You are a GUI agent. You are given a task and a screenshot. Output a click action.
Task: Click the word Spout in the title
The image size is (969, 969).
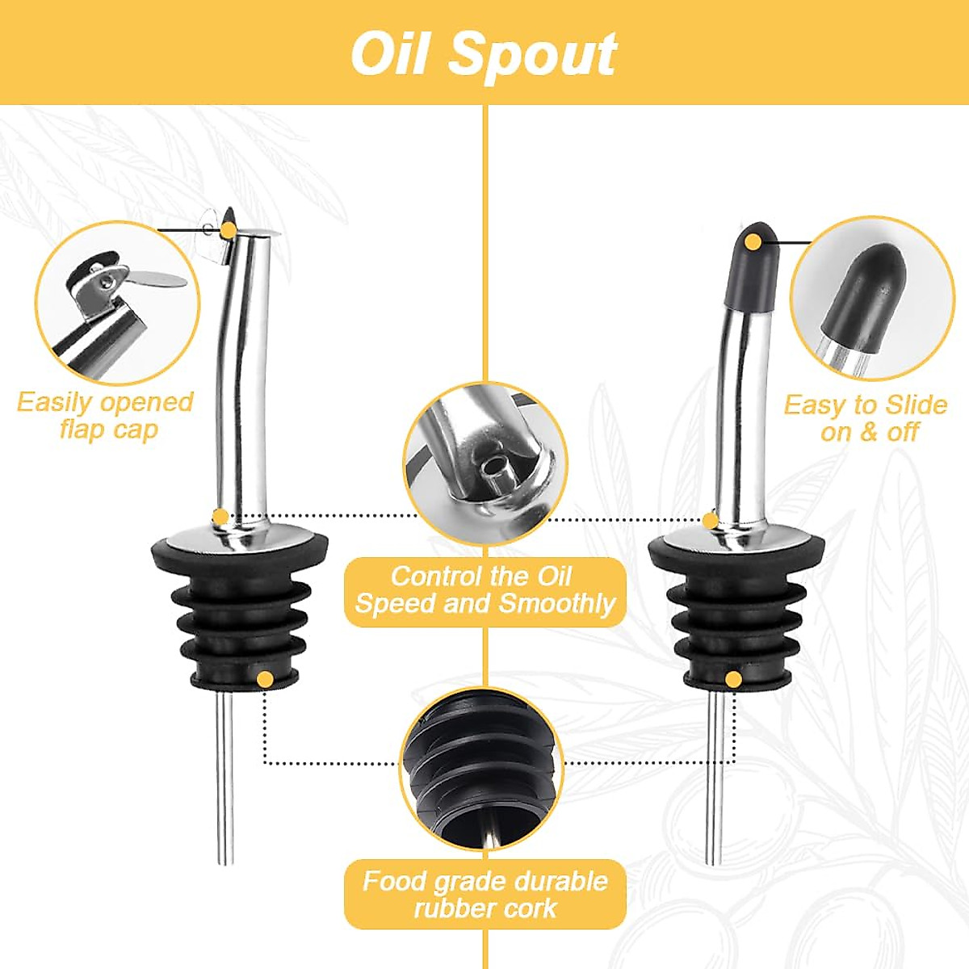coord(533,55)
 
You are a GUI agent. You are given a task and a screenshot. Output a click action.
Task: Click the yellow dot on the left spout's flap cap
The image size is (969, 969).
coord(229,231)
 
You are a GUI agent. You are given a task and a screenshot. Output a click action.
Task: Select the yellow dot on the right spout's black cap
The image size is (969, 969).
coord(753,241)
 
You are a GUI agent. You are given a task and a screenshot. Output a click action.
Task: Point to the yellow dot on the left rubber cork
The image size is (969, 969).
coord(264,679)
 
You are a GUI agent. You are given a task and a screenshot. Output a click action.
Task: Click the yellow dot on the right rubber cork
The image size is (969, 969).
coord(732,679)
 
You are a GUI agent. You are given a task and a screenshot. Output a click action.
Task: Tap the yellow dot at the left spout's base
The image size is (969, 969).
coord(220,516)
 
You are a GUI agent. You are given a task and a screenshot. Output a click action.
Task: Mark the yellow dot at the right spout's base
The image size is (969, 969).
coord(710,520)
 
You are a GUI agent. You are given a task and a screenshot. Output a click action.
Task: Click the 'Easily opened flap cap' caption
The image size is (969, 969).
coord(106,415)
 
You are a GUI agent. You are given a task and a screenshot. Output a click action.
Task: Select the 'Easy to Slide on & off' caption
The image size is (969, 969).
coord(866,417)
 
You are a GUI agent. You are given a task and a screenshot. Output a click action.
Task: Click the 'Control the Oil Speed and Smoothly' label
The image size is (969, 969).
coord(484,590)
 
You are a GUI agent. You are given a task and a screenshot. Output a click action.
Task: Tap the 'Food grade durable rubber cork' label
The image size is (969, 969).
coord(484,894)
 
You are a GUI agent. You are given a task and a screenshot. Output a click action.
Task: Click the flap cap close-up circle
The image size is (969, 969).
coord(117,303)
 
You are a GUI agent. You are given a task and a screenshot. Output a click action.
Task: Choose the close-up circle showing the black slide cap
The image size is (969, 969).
coord(872,299)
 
